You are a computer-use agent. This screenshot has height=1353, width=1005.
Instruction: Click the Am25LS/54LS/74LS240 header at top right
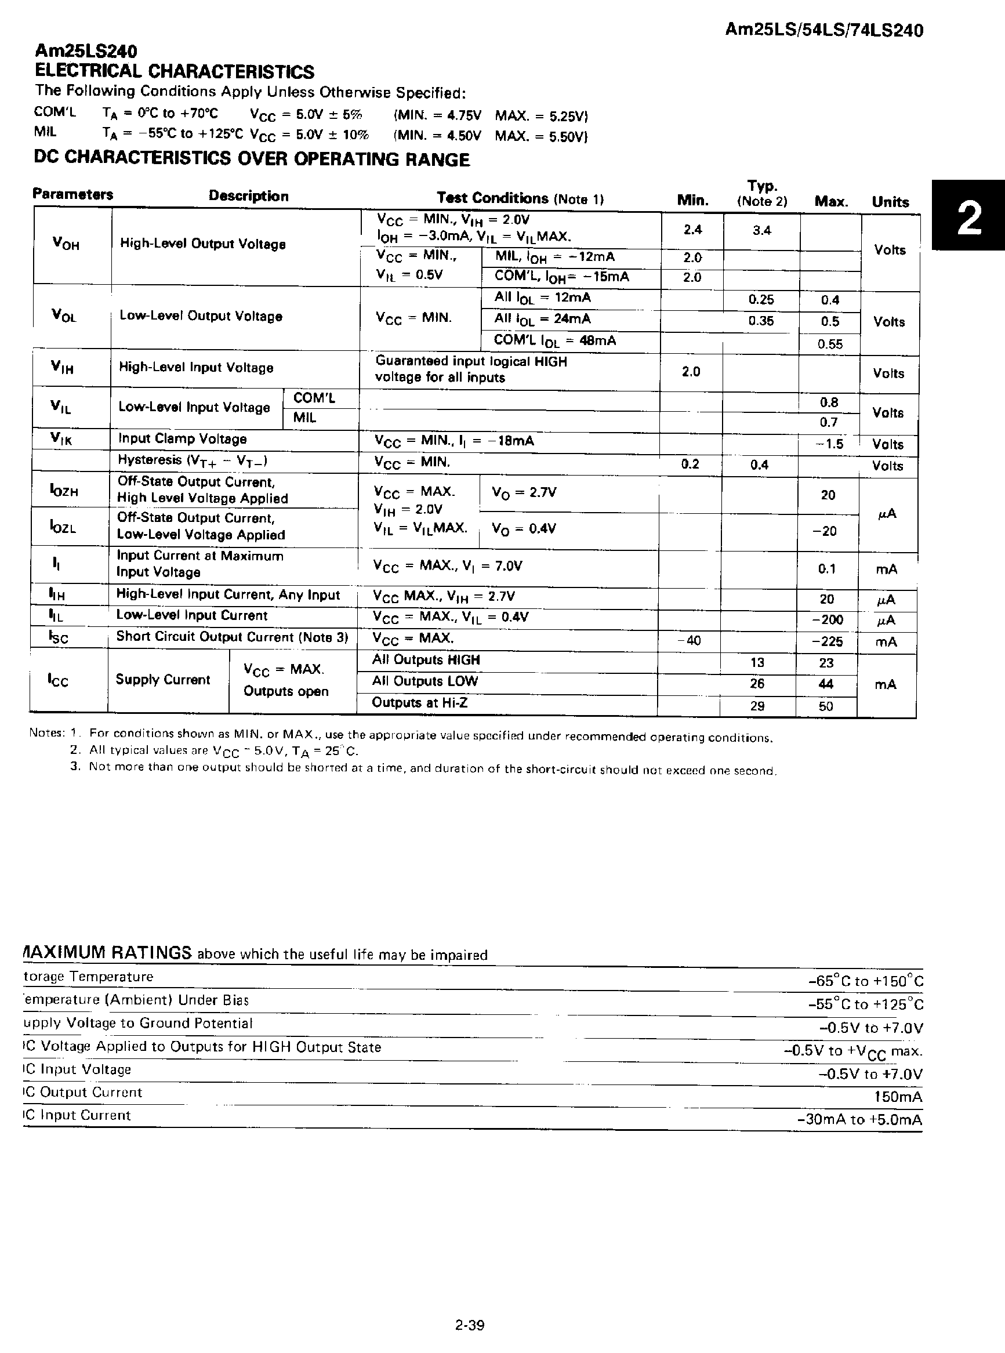823,30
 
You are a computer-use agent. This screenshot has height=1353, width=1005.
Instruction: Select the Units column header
890,202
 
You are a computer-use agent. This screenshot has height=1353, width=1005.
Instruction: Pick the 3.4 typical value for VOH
761,231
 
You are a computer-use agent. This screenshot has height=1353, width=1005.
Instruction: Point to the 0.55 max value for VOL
830,344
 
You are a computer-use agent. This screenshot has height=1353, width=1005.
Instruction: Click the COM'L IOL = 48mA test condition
555,340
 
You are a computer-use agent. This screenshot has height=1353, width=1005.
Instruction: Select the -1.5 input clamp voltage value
829,444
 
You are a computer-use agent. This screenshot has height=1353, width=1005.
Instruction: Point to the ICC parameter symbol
59,680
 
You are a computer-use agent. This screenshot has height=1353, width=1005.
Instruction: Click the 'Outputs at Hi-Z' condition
420,703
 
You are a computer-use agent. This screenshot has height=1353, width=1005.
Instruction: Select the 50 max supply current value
826,706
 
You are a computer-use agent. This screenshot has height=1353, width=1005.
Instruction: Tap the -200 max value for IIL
828,620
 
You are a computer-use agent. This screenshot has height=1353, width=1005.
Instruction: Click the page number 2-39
470,1325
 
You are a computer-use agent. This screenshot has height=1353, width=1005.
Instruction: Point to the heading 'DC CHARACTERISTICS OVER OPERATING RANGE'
252,159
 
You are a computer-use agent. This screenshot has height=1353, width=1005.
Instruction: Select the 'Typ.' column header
762,186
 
